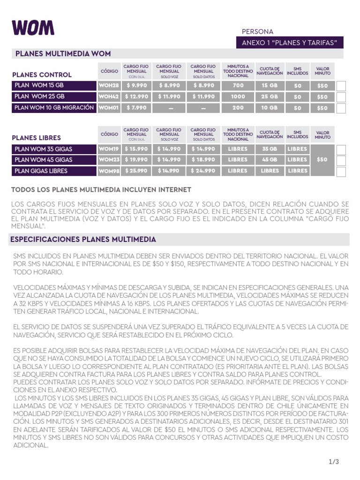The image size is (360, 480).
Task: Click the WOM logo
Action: [33, 28]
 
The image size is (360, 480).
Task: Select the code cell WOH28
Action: [109, 86]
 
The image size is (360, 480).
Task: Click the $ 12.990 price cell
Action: [137, 97]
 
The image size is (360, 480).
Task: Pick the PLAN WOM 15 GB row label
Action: [53, 85]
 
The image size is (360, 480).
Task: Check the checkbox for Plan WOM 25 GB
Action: [341, 97]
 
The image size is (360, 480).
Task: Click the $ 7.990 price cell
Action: [137, 108]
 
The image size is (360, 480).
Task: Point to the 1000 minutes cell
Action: [238, 97]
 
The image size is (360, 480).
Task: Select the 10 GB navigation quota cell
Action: [270, 108]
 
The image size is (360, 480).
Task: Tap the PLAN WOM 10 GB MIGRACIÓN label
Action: [53, 108]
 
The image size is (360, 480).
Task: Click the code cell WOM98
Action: [109, 171]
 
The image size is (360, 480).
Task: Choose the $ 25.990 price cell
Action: [137, 171]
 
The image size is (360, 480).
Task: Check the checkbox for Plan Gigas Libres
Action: [341, 172]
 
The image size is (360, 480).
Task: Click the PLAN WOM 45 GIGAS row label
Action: [53, 160]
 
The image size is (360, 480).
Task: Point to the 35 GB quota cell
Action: [270, 149]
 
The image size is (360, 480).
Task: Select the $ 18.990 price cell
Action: [203, 160]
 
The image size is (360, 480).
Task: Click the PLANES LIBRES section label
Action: [37, 138]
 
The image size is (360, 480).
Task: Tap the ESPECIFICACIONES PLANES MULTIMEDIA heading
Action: [83, 240]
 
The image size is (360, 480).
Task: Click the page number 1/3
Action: [334, 462]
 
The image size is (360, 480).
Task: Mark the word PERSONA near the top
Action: [257, 32]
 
